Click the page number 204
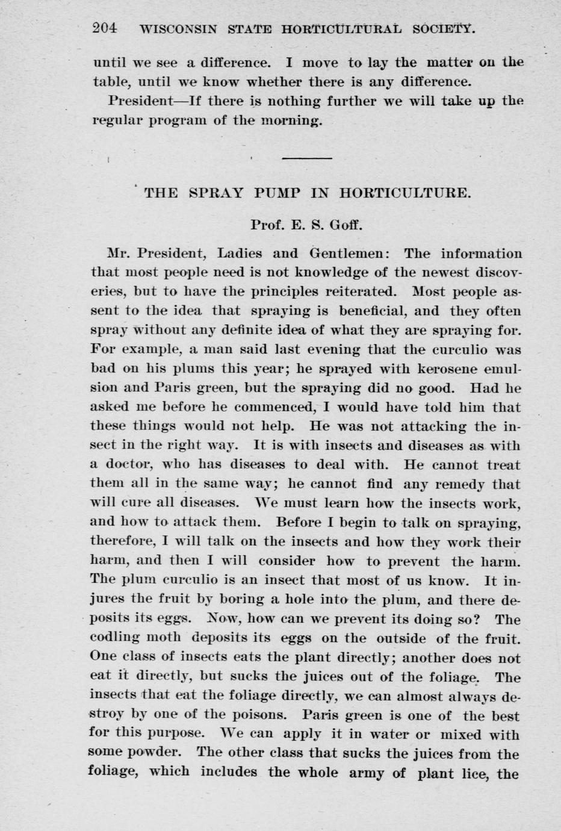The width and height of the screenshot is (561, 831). (x=105, y=28)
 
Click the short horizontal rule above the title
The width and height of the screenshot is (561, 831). (x=307, y=158)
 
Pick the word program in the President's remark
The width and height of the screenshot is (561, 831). (x=179, y=120)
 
